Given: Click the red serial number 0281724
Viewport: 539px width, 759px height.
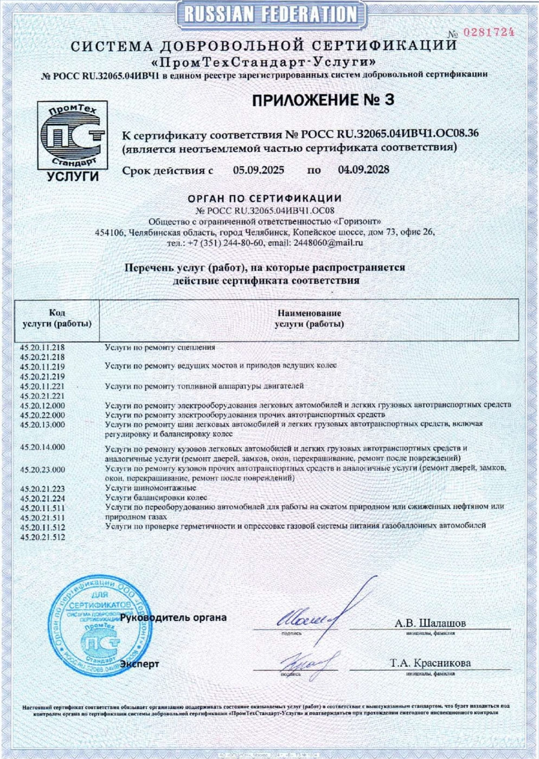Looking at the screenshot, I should coord(489,32).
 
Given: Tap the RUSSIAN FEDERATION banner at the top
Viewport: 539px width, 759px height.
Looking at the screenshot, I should coord(270,14).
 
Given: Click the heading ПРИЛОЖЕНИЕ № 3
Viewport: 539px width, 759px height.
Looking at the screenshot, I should coord(323,100).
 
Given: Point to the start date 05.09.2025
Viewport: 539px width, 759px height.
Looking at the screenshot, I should coord(259,170).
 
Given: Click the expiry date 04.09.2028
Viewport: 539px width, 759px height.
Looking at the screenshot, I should coord(363,170).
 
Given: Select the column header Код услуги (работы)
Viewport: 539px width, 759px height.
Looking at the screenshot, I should coord(57,318).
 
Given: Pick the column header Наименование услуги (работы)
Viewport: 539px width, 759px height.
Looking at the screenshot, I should coord(309,318).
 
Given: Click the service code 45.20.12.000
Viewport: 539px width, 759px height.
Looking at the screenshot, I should coord(42,406).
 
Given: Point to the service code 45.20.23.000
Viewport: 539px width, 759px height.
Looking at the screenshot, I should coord(42,469).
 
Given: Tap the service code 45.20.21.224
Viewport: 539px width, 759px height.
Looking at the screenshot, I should coord(42,498).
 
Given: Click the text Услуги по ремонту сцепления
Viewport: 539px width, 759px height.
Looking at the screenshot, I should coord(160,347).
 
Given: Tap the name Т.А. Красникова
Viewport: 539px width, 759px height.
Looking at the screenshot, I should coord(430,663).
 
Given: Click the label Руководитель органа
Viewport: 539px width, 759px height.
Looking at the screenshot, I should coord(174,618).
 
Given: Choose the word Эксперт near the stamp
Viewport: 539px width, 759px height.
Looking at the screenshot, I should coord(140,664).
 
